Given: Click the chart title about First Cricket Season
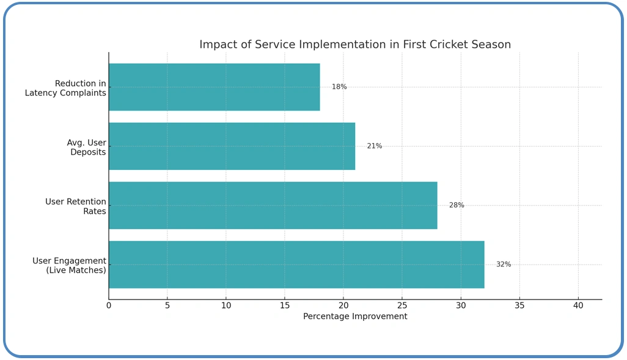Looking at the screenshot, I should (354, 45).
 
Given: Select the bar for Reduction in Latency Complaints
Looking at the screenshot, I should (214, 87).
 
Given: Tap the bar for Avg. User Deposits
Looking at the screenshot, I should (232, 146).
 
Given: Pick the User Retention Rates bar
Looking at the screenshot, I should (273, 205).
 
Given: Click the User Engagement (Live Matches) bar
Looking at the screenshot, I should (296, 265).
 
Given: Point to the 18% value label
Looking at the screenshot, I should (339, 87).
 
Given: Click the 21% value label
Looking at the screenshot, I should (374, 146).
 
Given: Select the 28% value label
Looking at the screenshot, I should (457, 205).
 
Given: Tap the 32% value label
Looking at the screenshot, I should (504, 265).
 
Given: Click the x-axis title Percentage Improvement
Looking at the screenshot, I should (355, 317).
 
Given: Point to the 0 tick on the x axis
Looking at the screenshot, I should (109, 305).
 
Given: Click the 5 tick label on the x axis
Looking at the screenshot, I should (167, 305).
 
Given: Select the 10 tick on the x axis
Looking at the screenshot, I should (226, 305).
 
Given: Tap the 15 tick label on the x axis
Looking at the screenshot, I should (285, 305).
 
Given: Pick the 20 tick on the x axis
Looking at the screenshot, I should (343, 305).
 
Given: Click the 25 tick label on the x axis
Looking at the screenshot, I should (402, 305).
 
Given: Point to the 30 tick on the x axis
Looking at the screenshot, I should (461, 305).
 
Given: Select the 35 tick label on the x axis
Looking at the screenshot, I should (519, 305).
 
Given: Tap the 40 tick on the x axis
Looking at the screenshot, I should (578, 305).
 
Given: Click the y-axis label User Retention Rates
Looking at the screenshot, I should (76, 207).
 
